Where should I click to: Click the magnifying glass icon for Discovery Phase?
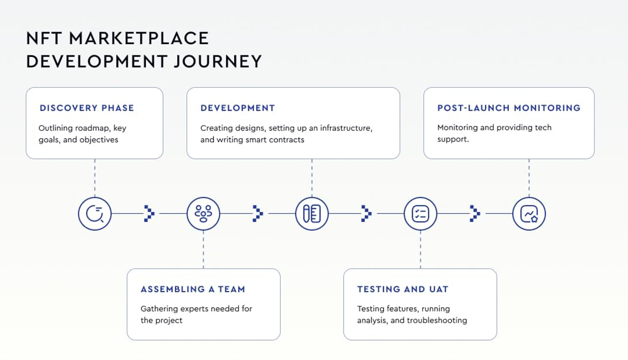95,214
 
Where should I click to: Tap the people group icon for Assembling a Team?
203,214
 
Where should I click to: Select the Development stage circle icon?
312,214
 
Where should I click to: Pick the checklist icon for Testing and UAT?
420,214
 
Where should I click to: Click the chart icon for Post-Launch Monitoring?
529,214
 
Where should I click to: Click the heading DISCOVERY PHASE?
87,108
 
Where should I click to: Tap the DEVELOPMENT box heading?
238,108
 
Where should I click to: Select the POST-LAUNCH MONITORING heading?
509,108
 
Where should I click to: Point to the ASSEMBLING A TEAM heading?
193,289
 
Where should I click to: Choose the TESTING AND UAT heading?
403,289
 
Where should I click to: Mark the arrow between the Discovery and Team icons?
149,214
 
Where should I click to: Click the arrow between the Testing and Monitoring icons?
474,214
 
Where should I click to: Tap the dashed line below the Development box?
312,178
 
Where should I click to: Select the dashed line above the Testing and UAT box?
420,250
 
